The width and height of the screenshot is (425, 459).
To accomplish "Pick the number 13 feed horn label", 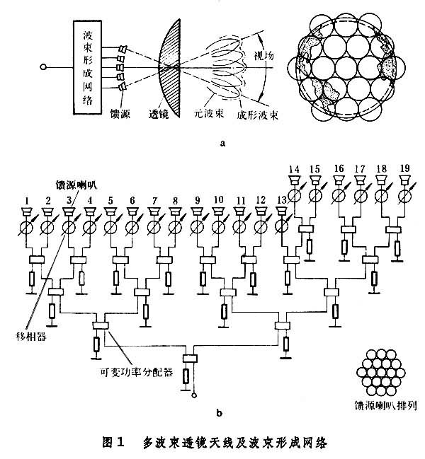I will (283, 200).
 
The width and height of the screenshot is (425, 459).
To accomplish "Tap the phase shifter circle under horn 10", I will (219, 228).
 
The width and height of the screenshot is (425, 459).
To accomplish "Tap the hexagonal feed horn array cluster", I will (382, 373).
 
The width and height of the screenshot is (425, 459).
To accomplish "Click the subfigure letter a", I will (224, 141).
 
